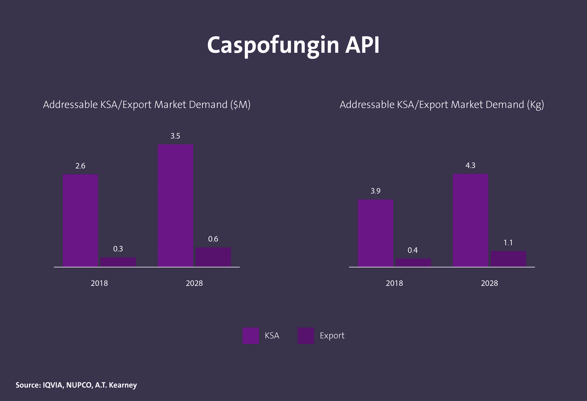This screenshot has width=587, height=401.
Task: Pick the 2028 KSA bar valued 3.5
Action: tap(175, 205)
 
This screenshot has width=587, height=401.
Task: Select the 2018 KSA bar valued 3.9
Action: tap(376, 233)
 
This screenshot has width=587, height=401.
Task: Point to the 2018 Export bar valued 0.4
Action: tap(413, 262)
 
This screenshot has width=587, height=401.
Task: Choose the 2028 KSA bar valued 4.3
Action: tap(470, 220)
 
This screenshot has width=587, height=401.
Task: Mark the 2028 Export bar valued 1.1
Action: tap(508, 259)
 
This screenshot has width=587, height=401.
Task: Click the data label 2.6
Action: tap(80, 166)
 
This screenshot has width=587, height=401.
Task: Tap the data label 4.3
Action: tap(470, 166)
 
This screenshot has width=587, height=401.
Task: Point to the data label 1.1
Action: tap(508, 243)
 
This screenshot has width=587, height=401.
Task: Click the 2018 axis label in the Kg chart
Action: tap(394, 283)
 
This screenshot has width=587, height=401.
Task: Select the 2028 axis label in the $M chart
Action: tap(194, 283)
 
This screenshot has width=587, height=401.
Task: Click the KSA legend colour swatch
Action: tap(251, 336)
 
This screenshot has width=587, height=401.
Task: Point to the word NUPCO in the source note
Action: tap(79, 385)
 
